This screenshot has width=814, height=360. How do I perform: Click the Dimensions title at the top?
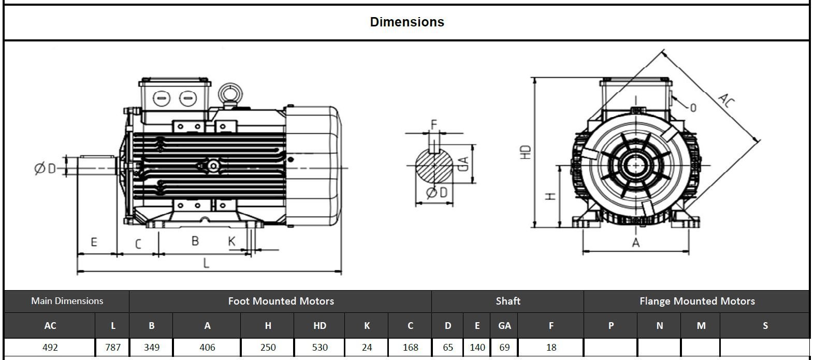[x=407, y=22]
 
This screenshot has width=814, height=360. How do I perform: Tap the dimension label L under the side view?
[x=206, y=263]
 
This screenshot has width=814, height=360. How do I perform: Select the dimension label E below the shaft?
[x=94, y=242]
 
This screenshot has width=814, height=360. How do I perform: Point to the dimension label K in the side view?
[x=231, y=241]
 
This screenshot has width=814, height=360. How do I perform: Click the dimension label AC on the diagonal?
[x=726, y=99]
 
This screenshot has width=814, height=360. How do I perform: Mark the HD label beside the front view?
[x=526, y=152]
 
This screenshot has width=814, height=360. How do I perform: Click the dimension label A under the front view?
[x=636, y=242]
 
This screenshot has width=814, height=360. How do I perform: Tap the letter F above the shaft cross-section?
[x=434, y=124]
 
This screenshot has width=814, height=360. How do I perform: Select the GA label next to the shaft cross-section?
[x=464, y=163]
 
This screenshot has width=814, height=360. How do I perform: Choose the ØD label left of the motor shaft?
[x=45, y=168]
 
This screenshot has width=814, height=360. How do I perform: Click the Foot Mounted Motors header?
[x=281, y=301]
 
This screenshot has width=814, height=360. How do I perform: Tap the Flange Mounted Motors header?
[x=696, y=301]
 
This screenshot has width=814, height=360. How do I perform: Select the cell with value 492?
[x=50, y=347]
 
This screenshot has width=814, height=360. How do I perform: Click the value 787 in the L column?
[x=113, y=347]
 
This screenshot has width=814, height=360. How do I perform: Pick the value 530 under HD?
[x=319, y=347]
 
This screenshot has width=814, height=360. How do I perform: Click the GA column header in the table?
[x=504, y=326]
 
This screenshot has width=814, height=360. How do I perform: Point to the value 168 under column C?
[x=410, y=347]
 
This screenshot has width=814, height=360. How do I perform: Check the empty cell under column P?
[x=610, y=347]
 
